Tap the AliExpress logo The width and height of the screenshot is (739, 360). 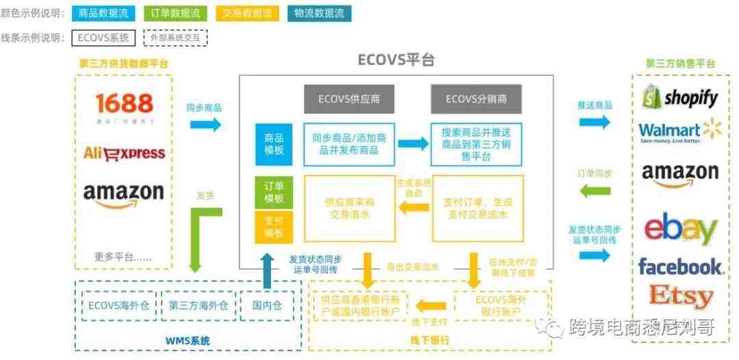tap(124, 152)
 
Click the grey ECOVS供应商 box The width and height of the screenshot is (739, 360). tap(349, 99)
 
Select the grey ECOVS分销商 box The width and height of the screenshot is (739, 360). tap(476, 99)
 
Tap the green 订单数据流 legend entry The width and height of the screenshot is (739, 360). tap(174, 13)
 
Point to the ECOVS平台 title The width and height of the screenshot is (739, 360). tap(396, 60)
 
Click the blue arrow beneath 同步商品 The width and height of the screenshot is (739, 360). tap(204, 125)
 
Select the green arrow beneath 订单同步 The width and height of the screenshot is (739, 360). tap(595, 191)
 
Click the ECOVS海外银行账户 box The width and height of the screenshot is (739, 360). tap(502, 305)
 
